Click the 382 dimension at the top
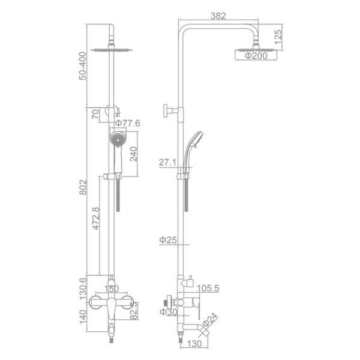click(218, 16)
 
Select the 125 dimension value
click(278, 37)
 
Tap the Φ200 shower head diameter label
click(256, 56)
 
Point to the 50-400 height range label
click(82, 66)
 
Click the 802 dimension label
click(83, 187)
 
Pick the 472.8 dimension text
click(95, 218)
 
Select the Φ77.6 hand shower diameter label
click(127, 123)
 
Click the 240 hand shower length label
click(133, 154)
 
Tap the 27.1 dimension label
click(167, 163)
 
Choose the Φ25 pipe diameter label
click(168, 240)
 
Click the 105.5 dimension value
click(208, 289)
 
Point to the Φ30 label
click(169, 312)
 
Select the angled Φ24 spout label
click(210, 320)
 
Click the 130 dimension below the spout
click(194, 344)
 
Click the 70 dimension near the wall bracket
click(95, 114)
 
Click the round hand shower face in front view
click(118, 139)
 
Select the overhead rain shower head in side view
click(256, 49)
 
